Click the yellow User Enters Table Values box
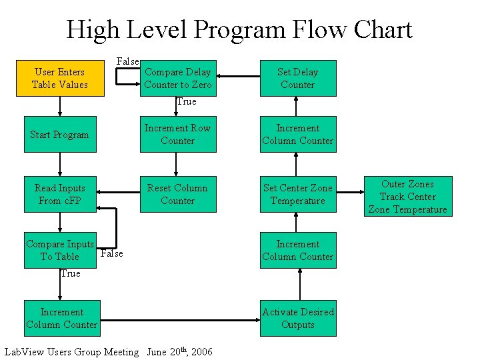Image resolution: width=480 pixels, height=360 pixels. point(60,78)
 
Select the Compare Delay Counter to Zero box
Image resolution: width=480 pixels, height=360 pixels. point(178,78)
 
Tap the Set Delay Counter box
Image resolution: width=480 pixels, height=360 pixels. point(298,78)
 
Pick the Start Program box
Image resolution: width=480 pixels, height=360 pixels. point(60,135)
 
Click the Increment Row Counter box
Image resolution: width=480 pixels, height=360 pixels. point(178,135)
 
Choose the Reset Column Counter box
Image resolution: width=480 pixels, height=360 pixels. point(178,194)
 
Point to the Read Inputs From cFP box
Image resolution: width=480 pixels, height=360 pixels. point(60,194)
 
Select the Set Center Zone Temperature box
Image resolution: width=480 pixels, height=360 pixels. point(298,194)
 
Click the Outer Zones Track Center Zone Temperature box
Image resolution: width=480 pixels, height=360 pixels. point(407,197)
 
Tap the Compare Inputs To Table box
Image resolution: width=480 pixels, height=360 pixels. point(60,250)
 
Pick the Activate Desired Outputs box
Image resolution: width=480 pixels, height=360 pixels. point(298,318)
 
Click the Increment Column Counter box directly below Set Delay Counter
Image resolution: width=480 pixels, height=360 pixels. point(298,135)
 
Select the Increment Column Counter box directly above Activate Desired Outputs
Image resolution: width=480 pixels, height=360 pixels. point(298,250)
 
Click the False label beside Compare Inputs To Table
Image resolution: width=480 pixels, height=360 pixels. point(111,253)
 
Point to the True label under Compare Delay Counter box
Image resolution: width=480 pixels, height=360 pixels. point(186,102)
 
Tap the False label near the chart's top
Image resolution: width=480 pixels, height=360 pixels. point(127,61)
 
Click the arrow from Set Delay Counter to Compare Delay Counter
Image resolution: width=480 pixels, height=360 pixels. point(238,78)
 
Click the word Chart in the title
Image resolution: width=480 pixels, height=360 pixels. point(383,30)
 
